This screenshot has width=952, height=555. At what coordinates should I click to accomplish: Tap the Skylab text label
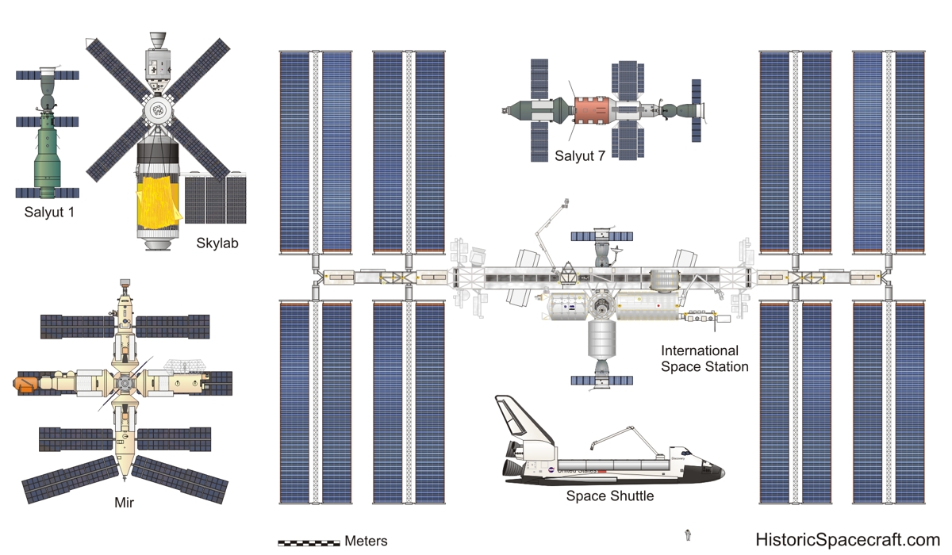click(x=217, y=243)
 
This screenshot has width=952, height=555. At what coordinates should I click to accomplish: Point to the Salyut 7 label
click(x=580, y=156)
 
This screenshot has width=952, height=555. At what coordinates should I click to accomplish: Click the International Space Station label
click(x=704, y=358)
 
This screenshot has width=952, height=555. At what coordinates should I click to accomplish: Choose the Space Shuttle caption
click(x=609, y=496)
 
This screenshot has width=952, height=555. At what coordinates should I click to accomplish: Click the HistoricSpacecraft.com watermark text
click(x=847, y=539)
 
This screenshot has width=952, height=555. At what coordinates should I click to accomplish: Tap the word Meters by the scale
click(x=366, y=542)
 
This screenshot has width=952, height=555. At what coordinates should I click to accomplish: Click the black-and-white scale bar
click(x=309, y=543)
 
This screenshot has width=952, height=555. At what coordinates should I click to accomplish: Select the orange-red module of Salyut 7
click(x=590, y=109)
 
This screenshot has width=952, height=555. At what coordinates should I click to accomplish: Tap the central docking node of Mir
click(x=124, y=384)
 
